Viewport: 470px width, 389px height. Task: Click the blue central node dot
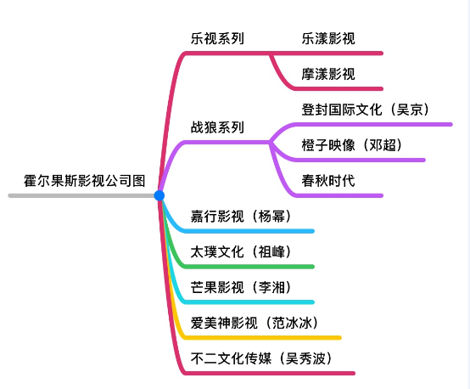[159, 195]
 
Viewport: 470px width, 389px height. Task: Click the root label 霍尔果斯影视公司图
[85, 181]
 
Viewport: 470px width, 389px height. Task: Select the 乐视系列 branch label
[217, 38]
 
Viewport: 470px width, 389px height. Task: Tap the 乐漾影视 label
[328, 38]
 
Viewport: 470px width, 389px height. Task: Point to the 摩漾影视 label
[328, 74]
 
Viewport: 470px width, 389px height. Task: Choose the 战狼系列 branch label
[217, 127]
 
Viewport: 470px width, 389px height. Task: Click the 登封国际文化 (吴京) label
[366, 110]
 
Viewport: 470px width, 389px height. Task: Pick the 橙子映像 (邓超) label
[351, 145]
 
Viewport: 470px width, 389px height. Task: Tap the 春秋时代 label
[328, 181]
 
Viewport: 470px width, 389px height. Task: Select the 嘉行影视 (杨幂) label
[241, 216]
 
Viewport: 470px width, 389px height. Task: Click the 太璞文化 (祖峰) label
[241, 251]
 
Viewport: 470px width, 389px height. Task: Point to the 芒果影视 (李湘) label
[241, 287]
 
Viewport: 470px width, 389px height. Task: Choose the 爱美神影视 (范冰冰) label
[255, 323]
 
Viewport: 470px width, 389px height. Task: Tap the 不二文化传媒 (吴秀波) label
[261, 358]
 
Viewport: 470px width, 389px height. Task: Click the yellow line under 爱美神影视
[260, 338]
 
